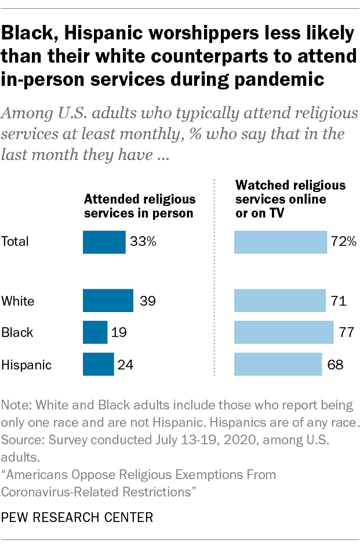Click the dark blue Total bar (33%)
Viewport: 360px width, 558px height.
pyautogui.click(x=104, y=242)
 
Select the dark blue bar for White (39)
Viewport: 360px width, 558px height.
pyautogui.click(x=108, y=301)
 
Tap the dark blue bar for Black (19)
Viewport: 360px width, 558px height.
pyautogui.click(x=95, y=332)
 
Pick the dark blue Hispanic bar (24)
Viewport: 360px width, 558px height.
pyautogui.click(x=99, y=364)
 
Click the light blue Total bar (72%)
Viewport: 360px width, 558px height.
pyautogui.click(x=281, y=242)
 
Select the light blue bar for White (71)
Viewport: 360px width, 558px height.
pyautogui.click(x=280, y=301)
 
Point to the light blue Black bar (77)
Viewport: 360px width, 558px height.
pyautogui.click(x=284, y=332)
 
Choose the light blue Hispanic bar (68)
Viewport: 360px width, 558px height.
pyautogui.click(x=278, y=364)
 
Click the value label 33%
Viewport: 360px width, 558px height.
pyautogui.click(x=143, y=242)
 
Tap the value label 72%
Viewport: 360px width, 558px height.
pyautogui.click(x=343, y=242)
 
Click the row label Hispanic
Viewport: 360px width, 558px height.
pyautogui.click(x=27, y=365)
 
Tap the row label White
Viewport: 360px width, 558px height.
pyautogui.click(x=18, y=301)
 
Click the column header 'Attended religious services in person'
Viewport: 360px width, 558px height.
pyautogui.click(x=140, y=205)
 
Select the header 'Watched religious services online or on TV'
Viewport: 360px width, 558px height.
pyautogui.click(x=290, y=198)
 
